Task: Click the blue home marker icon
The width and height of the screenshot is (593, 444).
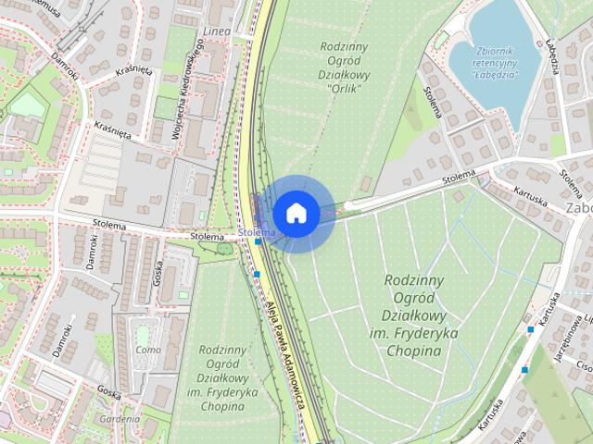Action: (296, 213)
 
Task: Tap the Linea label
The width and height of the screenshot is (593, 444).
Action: (216, 31)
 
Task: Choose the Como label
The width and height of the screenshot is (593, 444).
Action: (148, 350)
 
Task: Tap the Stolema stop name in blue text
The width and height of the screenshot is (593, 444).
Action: (256, 231)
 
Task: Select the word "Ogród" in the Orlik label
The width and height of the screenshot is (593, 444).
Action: (344, 60)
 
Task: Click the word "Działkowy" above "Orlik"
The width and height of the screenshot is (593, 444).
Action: (344, 75)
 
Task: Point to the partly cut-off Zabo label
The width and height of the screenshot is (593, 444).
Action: (578, 209)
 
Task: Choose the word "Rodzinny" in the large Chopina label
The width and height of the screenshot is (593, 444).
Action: (413, 280)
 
